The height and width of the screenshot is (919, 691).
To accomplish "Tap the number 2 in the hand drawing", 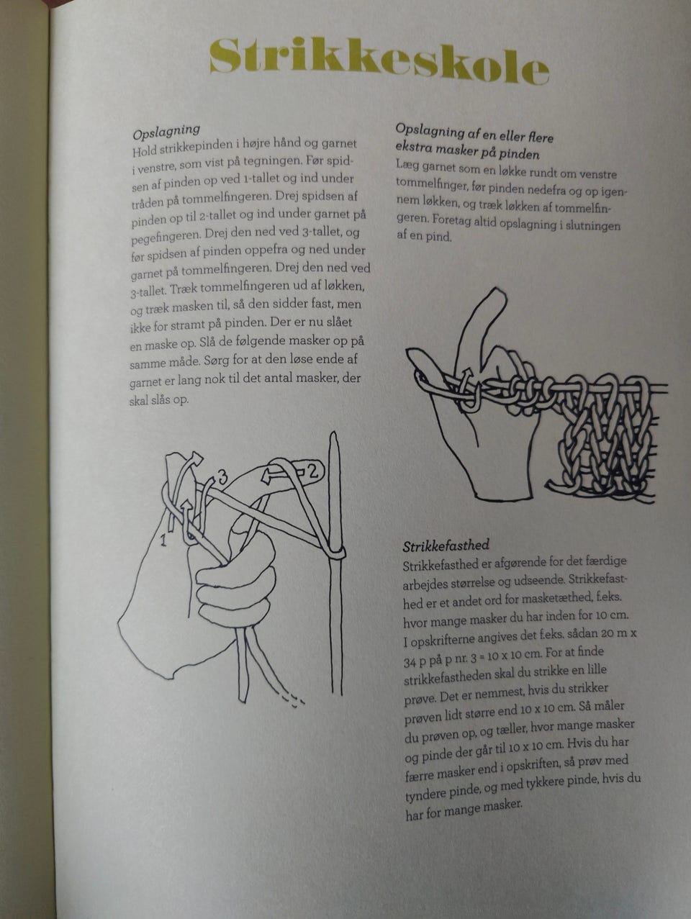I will tap(312, 471).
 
